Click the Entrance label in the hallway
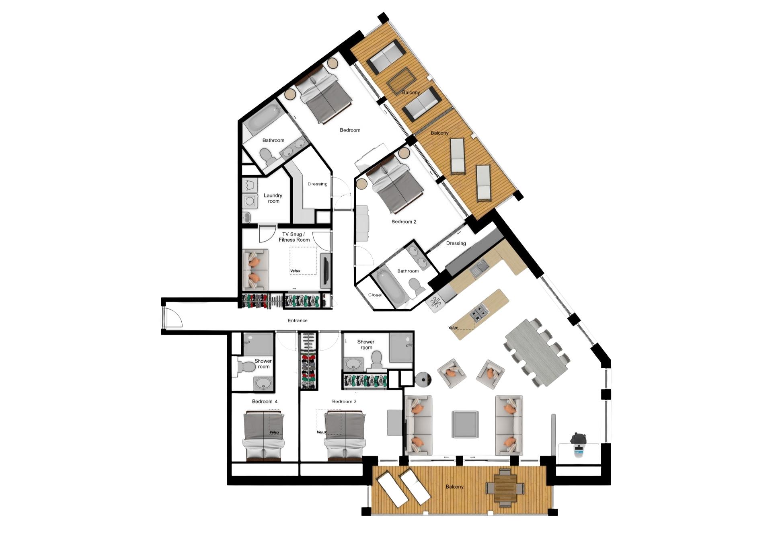(298, 320)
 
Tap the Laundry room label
(273, 198)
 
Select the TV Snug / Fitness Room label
(294, 237)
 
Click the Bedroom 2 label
(404, 222)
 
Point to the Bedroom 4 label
(265, 401)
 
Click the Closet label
(375, 295)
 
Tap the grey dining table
(536, 353)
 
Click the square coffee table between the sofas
(465, 424)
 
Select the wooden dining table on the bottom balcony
(505, 488)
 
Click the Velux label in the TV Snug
(295, 271)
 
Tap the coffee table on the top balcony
(401, 81)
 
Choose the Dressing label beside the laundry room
(318, 184)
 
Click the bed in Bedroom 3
(345, 435)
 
